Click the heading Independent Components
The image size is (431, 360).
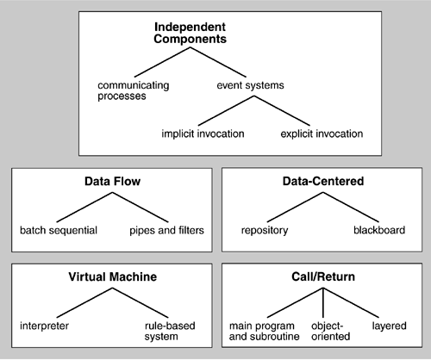click(x=190, y=33)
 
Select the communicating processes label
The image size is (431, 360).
click(x=134, y=90)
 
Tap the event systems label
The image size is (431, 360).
click(x=250, y=85)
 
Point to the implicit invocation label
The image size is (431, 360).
click(x=203, y=133)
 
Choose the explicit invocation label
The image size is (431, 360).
click(x=322, y=133)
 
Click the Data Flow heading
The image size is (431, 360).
click(x=112, y=182)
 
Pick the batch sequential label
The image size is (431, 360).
click(x=59, y=230)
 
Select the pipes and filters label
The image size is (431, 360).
click(x=166, y=230)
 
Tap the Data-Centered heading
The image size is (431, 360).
click(x=323, y=181)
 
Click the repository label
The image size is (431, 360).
click(x=265, y=231)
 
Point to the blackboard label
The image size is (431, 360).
click(x=379, y=230)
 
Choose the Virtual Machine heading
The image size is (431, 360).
click(x=113, y=276)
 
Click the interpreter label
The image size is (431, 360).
click(x=44, y=326)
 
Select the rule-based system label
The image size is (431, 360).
click(x=170, y=331)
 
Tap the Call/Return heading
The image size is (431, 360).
click(x=323, y=276)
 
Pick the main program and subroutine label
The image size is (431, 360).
click(x=264, y=331)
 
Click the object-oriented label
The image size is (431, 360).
click(x=330, y=331)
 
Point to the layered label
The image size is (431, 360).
click(x=389, y=326)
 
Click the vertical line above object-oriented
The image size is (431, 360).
click(x=323, y=302)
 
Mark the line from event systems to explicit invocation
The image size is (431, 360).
click(x=282, y=110)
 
